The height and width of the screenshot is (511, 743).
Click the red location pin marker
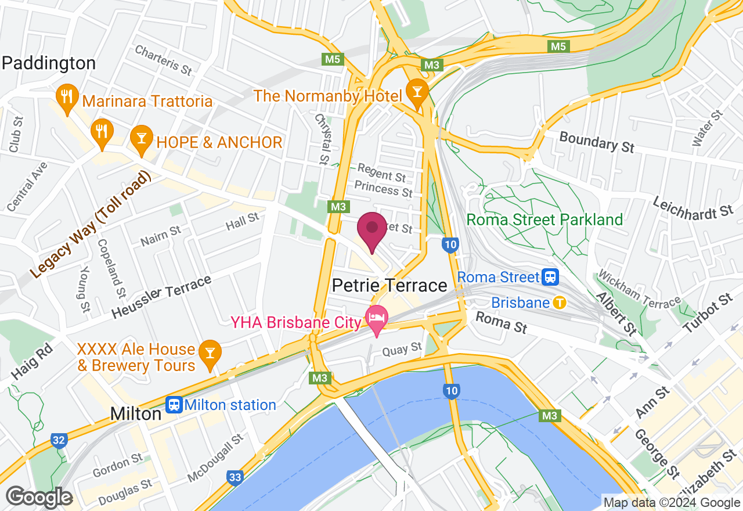[371, 232]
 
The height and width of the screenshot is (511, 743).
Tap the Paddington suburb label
[49, 63]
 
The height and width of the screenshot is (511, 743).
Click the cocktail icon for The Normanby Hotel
[416, 91]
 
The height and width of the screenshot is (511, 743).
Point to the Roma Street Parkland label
[544, 219]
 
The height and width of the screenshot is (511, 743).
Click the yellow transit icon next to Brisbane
[560, 303]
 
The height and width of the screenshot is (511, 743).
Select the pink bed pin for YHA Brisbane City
[376, 318]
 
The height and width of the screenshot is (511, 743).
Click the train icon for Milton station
[173, 405]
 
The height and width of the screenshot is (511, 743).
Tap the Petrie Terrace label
[389, 286]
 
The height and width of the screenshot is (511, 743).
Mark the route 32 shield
[58, 441]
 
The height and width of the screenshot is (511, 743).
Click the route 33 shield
[235, 477]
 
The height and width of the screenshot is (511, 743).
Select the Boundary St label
[597, 142]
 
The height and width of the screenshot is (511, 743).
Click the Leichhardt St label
[693, 207]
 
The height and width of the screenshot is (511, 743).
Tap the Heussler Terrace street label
[161, 297]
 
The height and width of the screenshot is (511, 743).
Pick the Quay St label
[402, 349]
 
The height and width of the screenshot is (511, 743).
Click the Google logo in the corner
[39, 497]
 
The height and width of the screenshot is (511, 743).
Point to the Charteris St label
[163, 60]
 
